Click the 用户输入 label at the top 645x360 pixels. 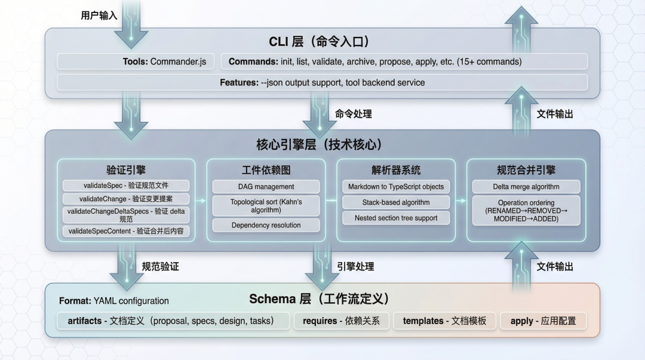tap(99, 16)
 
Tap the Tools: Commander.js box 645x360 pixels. tap(136, 61)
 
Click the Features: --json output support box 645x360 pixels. tap(322, 82)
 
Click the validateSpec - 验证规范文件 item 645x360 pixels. tap(126, 186)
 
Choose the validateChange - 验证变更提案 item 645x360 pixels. tap(126, 199)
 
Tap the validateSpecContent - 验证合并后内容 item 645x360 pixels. tap(126, 231)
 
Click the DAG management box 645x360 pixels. tap(266, 187)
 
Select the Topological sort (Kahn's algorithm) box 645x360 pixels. tap(266, 206)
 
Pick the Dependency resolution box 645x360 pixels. tap(266, 225)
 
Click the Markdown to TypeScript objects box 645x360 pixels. tap(396, 187)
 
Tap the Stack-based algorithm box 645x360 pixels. tap(396, 202)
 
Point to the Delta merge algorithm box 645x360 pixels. tap(526, 187)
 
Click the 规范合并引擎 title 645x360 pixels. tap(526, 170)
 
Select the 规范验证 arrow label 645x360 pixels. tap(160, 267)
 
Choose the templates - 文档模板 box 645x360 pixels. tap(444, 321)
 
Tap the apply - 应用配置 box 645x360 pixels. tap(543, 321)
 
